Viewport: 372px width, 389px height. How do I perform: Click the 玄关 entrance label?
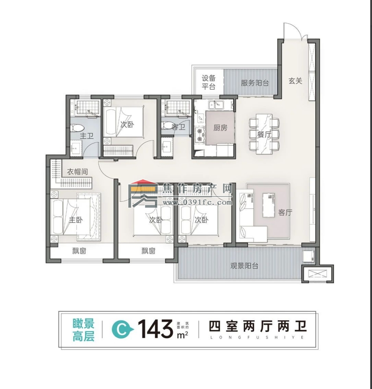(x=295, y=81)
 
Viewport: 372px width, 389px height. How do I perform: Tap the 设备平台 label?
(x=208, y=82)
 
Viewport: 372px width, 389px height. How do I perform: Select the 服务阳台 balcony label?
(x=254, y=82)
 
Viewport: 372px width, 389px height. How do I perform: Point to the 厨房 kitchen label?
(x=220, y=128)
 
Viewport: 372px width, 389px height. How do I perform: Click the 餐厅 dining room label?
(x=264, y=134)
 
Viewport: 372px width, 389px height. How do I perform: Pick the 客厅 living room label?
(x=285, y=213)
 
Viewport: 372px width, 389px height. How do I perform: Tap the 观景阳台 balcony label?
(x=244, y=266)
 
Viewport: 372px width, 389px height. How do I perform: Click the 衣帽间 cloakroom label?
(x=77, y=172)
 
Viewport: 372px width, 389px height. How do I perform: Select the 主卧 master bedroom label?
(x=76, y=220)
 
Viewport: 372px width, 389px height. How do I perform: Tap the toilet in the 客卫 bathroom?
(x=167, y=126)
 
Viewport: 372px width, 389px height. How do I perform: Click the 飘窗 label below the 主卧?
(x=79, y=251)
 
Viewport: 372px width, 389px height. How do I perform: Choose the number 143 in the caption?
(x=155, y=328)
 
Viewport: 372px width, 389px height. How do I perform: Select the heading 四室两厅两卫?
(x=257, y=327)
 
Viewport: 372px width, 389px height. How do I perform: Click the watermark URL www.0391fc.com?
(x=197, y=203)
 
